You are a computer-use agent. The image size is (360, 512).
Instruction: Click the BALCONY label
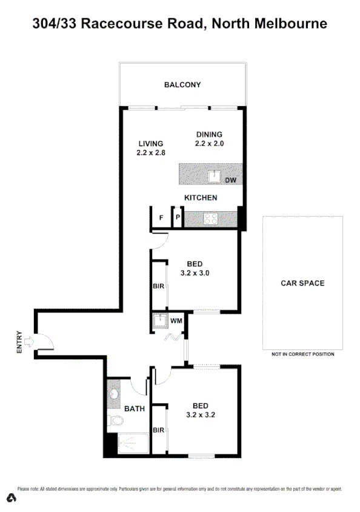click(182, 85)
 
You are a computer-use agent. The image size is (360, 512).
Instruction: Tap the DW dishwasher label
click(230, 180)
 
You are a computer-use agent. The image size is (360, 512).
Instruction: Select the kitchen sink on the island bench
click(214, 177)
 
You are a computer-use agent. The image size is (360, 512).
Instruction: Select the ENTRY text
click(19, 342)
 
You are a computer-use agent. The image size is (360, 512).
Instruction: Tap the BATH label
click(134, 408)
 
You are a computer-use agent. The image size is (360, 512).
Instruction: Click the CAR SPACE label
click(302, 283)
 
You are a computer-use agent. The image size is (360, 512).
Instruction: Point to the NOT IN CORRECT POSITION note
click(302, 354)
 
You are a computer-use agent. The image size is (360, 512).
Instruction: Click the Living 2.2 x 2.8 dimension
click(151, 153)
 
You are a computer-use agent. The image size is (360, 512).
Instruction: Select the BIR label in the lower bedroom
click(159, 430)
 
